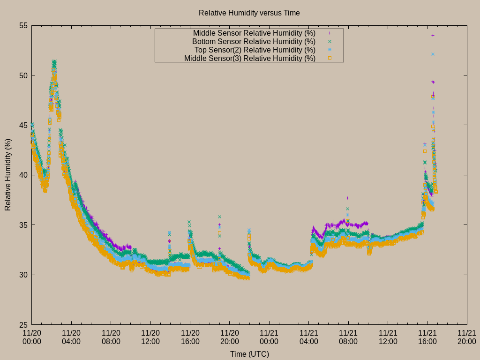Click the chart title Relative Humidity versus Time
tap(249, 13)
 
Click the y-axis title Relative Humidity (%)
tap(8, 174)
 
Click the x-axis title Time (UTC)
tap(249, 354)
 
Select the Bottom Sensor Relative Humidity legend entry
tap(254, 41)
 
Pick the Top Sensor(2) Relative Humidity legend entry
tap(255, 50)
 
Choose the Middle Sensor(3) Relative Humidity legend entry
tap(249, 58)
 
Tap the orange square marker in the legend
tap(330, 58)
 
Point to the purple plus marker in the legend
tap(330, 33)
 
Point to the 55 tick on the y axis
tap(23, 26)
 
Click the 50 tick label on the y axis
tap(23, 75)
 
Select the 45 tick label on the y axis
tap(23, 125)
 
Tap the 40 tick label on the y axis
tap(23, 175)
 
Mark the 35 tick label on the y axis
tap(23, 225)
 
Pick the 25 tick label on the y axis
tap(23, 324)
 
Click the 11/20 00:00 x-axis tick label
tap(32, 337)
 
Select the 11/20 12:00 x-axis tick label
tap(150, 337)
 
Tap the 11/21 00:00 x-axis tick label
tap(269, 337)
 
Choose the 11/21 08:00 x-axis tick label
tap(348, 337)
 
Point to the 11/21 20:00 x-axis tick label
tap(467, 337)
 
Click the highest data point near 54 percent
tap(433, 35)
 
